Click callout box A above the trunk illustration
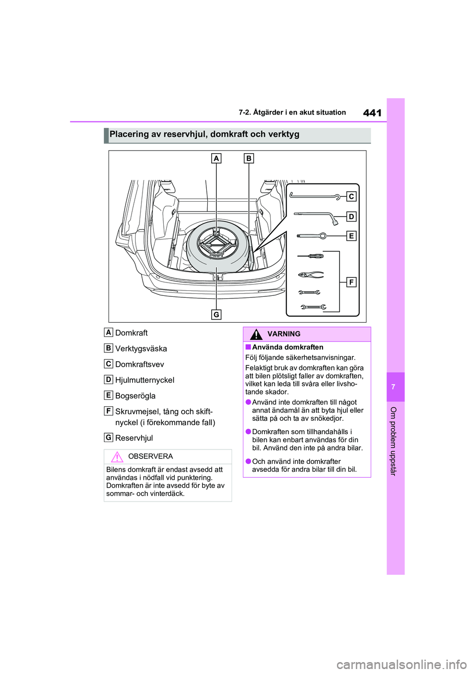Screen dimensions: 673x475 [x=216, y=159]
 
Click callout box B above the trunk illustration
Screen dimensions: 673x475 [x=249, y=159]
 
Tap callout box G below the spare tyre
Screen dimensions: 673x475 [x=216, y=314]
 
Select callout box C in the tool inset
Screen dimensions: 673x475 [x=351, y=197]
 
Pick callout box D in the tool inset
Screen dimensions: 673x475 [x=351, y=217]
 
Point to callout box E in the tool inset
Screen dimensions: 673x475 [x=351, y=236]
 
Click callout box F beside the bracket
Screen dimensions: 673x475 [x=351, y=282]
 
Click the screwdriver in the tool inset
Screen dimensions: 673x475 [x=310, y=256]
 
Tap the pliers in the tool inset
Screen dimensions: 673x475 [x=311, y=275]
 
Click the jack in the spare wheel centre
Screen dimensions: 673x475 [x=217, y=242]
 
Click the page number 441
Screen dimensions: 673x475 [x=372, y=113]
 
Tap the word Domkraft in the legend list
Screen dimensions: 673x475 [x=131, y=333]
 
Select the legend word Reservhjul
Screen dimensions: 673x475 [x=134, y=438]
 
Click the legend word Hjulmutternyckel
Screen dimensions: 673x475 [x=144, y=380]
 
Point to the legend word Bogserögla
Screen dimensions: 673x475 [x=135, y=396]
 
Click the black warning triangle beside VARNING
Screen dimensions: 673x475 [x=256, y=335]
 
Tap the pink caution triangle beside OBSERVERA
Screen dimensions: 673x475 [x=117, y=457]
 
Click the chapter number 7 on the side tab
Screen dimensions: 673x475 [x=393, y=387]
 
